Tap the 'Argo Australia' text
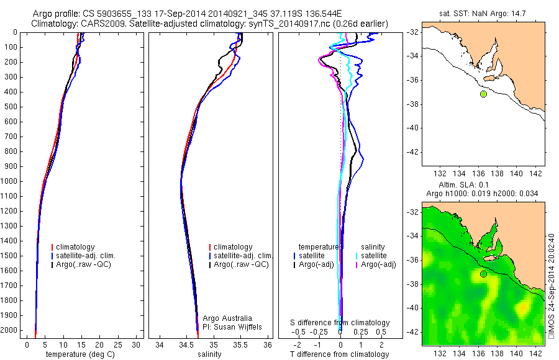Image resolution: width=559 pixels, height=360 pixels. tap(227, 318)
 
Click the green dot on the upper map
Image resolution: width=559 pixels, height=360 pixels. tap(483, 94)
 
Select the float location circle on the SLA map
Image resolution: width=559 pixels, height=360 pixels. tap(483, 274)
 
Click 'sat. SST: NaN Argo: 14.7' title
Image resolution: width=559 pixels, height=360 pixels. tap(483, 12)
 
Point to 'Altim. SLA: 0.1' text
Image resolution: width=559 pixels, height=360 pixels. tap(483, 186)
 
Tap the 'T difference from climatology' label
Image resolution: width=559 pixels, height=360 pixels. tap(340, 354)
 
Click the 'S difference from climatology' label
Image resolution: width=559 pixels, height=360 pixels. tap(340, 323)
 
